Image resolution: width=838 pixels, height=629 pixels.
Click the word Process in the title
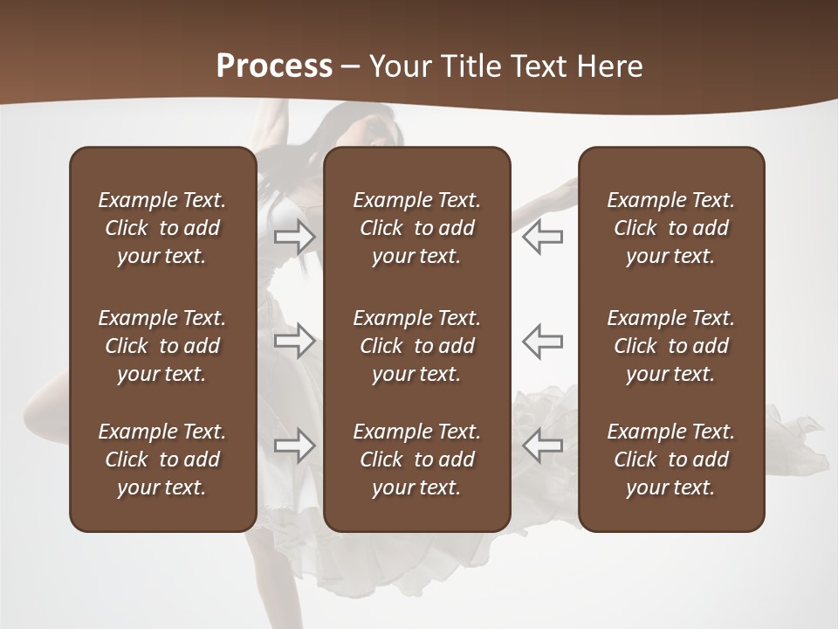[x=274, y=66]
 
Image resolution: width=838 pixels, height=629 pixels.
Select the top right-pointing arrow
[x=294, y=237]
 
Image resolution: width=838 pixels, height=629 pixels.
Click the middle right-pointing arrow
[x=294, y=341]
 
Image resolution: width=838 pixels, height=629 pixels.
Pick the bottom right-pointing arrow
[x=294, y=446]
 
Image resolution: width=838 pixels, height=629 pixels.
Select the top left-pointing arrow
[x=542, y=237]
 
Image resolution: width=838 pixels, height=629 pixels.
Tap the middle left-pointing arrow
[x=542, y=341]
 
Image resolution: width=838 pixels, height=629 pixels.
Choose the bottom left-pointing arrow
[x=542, y=446]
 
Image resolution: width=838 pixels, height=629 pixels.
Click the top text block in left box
[x=162, y=228]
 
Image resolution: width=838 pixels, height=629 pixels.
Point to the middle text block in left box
[x=162, y=346]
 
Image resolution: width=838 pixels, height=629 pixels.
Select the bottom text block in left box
[x=162, y=460]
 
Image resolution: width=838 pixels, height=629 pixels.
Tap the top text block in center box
[x=416, y=228]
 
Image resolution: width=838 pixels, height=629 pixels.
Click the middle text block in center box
[x=416, y=346]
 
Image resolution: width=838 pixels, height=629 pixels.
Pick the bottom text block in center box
[x=416, y=460]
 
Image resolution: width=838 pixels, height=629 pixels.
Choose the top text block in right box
[x=670, y=228]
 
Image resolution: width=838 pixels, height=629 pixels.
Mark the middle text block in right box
[x=670, y=346]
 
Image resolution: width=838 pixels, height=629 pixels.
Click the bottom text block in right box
[x=670, y=460]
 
